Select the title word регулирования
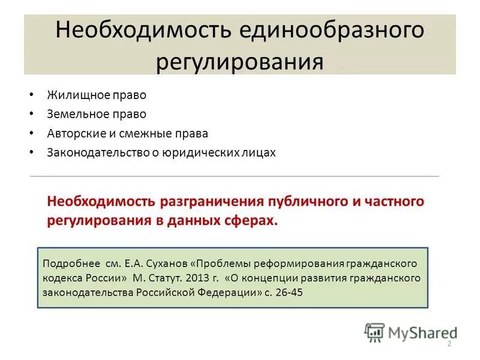pos(239,62)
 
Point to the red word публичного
pos(307,201)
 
